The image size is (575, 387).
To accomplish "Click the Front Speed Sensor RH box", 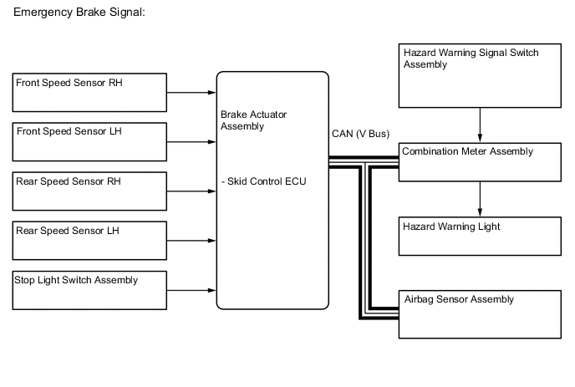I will click(x=89, y=92).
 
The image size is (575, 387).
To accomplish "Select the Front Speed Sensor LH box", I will click(x=89, y=141).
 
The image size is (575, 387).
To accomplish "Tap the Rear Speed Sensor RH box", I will click(x=89, y=191).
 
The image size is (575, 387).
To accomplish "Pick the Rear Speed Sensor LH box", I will click(x=89, y=241).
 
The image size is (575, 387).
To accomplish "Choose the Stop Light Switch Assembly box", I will click(x=89, y=290).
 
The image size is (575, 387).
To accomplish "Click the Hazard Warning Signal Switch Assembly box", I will click(x=480, y=76).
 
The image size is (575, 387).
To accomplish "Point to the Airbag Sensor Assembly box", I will click(x=480, y=314).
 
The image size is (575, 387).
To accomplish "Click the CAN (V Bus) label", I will click(x=360, y=134).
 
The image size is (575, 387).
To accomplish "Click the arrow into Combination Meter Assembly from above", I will click(x=480, y=125).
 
